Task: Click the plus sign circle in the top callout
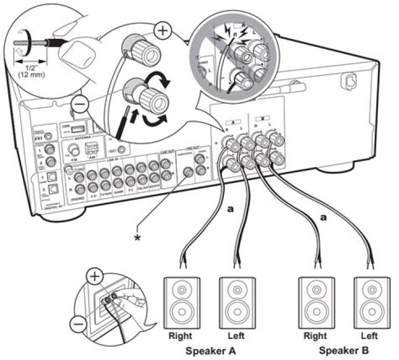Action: [162, 31]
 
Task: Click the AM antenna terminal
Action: [91, 148]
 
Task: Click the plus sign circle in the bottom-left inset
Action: [95, 276]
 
